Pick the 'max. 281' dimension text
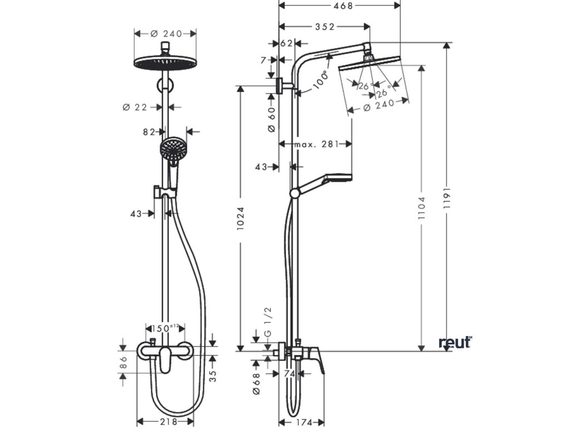[316, 144]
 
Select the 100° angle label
[320, 81]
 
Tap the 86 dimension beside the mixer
[124, 363]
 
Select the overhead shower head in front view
[165, 62]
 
